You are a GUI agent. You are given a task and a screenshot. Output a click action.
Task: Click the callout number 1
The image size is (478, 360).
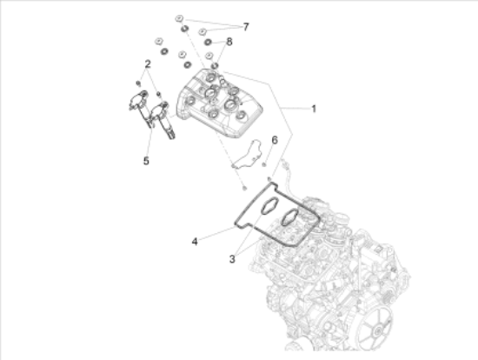coord(314,109)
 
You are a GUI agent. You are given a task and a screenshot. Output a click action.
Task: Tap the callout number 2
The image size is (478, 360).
coord(148,64)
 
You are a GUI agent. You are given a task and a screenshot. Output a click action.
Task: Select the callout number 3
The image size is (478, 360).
coord(232,259)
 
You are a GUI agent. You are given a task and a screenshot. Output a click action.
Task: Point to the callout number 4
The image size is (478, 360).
coord(195,242)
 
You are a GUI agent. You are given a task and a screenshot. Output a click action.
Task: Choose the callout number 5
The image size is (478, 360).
coord(146,161)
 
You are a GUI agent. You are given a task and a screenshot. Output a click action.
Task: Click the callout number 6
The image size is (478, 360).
coord(275,140)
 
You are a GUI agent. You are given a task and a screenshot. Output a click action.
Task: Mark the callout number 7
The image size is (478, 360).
coord(246,27)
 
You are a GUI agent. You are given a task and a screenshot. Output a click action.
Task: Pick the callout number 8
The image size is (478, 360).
coord(229,42)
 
